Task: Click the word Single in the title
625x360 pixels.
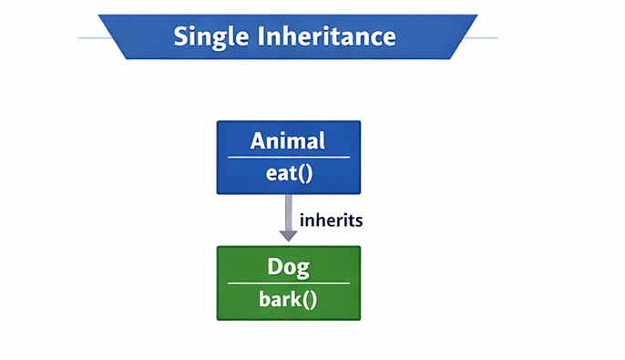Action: coord(202,36)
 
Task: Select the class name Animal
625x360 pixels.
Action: coord(288,141)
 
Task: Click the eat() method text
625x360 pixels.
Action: coord(289,173)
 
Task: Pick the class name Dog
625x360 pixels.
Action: coord(288,267)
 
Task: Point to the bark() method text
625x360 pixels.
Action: coord(288,299)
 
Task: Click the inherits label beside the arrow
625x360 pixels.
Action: coord(333,220)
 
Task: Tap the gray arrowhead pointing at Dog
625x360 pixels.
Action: coord(289,235)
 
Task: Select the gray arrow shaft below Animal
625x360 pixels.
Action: coord(289,211)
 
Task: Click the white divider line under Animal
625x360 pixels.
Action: coord(288,158)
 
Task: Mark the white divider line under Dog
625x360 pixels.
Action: coord(288,283)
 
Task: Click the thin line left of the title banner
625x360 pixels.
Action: coord(90,37)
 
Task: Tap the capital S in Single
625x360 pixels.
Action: coord(180,36)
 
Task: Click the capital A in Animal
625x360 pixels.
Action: coord(259,141)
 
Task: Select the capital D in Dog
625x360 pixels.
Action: coord(274,267)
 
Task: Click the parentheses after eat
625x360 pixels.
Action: coord(304,173)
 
